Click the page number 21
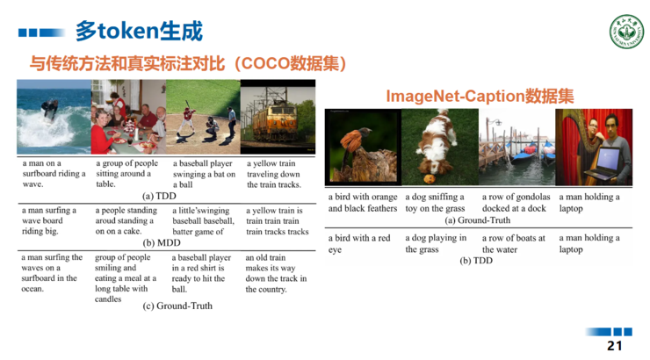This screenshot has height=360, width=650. tap(614, 346)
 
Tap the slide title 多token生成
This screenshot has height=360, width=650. tap(139, 32)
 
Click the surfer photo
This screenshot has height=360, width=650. tap(54, 118)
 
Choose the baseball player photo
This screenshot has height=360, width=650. tap(203, 118)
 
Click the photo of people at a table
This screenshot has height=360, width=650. tap(128, 118)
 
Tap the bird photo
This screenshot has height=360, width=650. tap(363, 147)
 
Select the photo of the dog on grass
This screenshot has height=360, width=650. tap(439, 147)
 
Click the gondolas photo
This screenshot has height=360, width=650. tap(516, 147)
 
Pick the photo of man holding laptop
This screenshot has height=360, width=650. tap(594, 147)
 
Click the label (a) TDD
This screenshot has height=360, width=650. tap(160, 196)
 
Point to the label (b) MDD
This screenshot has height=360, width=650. tap(161, 243)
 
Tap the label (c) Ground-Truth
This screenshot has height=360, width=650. tap(177, 306)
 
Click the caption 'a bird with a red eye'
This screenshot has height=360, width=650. tap(359, 243)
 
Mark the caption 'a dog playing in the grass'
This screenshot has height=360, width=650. tap(436, 243)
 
